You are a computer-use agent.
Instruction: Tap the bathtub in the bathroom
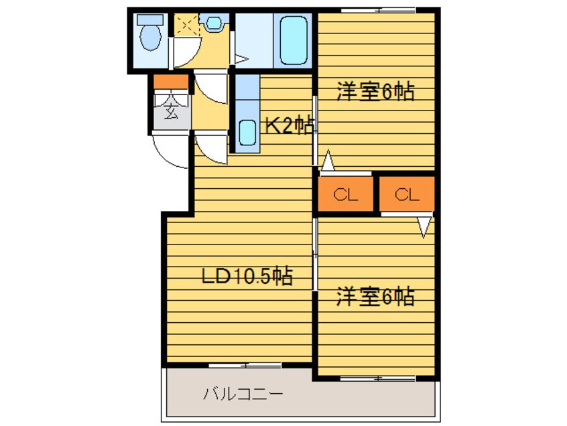click(x=293, y=40)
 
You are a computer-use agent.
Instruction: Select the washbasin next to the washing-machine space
click(x=214, y=23)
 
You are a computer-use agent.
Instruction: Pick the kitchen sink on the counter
click(x=247, y=136)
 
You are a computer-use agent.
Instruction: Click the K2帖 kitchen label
click(x=289, y=126)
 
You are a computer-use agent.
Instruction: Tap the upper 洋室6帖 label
click(x=375, y=91)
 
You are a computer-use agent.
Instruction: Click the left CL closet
click(x=346, y=195)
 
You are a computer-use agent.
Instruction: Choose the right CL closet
click(x=407, y=195)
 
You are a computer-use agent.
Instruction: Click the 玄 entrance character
click(x=171, y=112)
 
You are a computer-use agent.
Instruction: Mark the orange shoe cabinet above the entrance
click(x=171, y=82)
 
